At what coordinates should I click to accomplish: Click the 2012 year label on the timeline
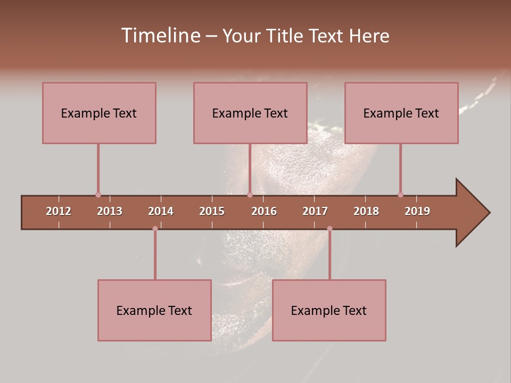click(x=59, y=211)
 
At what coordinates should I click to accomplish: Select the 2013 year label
click(x=110, y=211)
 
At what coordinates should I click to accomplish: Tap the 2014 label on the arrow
click(x=161, y=211)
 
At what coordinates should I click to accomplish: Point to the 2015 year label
click(x=212, y=211)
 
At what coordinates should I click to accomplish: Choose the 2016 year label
click(x=264, y=211)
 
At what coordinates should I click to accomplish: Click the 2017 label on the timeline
click(x=315, y=211)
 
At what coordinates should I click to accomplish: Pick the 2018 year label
click(x=366, y=211)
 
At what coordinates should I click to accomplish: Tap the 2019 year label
click(x=417, y=211)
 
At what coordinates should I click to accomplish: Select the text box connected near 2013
click(x=99, y=113)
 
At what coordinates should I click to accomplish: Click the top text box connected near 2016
click(x=250, y=113)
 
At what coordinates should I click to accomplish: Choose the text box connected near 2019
click(x=401, y=113)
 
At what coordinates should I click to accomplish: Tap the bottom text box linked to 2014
click(x=154, y=310)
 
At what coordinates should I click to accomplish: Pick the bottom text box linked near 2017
click(x=329, y=310)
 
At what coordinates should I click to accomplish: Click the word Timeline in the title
click(x=160, y=36)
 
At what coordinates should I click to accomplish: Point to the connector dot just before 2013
click(x=98, y=195)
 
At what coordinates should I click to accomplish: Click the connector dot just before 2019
click(x=400, y=195)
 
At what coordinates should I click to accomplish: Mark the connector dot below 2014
click(x=155, y=229)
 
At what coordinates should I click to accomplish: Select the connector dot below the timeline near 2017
click(x=329, y=229)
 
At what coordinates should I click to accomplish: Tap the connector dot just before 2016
click(x=250, y=195)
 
